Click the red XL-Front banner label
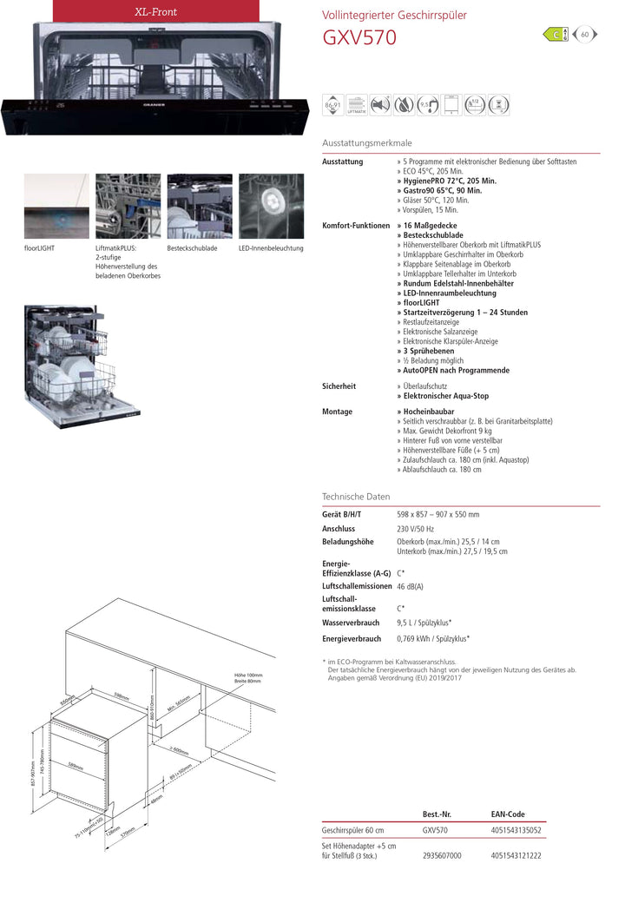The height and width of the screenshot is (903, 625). coord(155,12)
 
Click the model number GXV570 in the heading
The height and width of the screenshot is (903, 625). coord(359,37)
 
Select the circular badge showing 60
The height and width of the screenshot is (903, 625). coord(585,35)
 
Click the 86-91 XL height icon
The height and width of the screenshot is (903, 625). coord(332,105)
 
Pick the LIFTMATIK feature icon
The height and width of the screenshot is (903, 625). coord(356,105)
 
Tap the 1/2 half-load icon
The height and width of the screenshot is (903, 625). coord(474,105)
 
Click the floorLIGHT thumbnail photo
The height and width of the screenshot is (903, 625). coord(56,206)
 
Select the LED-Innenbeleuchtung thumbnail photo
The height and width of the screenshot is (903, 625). coord(272,206)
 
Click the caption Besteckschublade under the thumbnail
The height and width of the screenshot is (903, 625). coord(192,248)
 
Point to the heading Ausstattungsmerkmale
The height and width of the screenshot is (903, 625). coord(367,142)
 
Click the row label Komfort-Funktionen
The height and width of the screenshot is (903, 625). coord(356,226)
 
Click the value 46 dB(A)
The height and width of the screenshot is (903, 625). coord(411,587)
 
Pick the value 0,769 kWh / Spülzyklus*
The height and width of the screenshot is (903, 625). coord(433,639)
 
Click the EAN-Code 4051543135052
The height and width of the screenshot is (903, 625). coord(516,830)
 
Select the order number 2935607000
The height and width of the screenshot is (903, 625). coord(442,855)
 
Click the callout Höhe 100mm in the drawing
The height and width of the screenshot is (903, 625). coord(247,676)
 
